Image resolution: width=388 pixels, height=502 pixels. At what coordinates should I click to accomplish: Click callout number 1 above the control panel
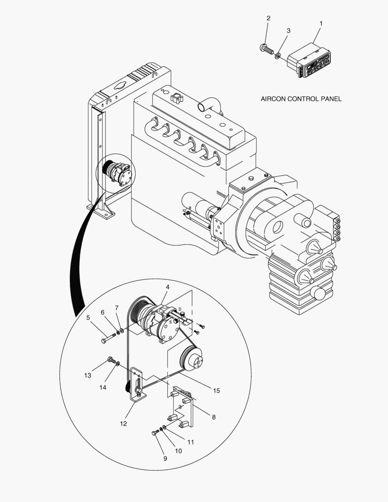(x=321, y=23)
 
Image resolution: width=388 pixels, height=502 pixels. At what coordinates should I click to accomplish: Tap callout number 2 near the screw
(x=268, y=19)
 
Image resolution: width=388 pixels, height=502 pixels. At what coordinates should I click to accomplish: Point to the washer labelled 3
(x=277, y=56)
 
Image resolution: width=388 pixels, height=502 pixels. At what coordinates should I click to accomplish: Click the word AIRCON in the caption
(x=274, y=99)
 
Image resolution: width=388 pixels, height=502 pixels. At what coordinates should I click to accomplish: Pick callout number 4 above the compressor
(x=168, y=287)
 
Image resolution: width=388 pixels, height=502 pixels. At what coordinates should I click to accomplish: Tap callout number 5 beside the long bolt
(x=88, y=318)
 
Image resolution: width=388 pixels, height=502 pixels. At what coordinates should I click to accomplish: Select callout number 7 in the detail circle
(x=117, y=308)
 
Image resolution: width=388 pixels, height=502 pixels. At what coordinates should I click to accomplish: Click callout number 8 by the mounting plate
(x=214, y=417)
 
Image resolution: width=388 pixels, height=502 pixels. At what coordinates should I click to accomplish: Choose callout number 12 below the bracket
(x=124, y=423)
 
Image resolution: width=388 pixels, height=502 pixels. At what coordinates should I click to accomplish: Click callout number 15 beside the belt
(x=217, y=390)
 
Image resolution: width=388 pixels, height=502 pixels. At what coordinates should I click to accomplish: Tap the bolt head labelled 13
(x=111, y=360)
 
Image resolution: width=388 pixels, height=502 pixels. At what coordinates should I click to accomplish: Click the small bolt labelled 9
(x=155, y=433)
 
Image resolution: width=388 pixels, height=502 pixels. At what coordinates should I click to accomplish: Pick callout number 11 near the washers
(x=191, y=442)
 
